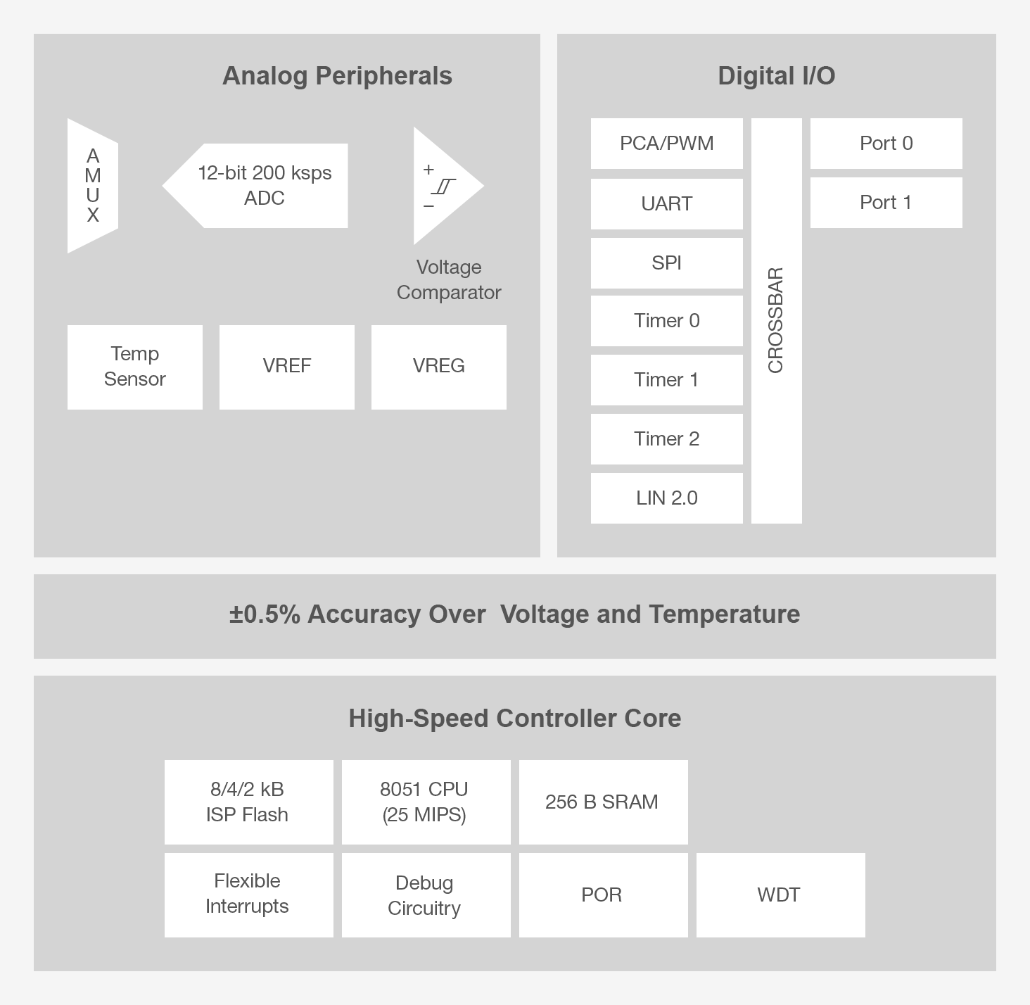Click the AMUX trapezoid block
click(93, 186)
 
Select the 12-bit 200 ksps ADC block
click(264, 186)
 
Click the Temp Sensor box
click(135, 367)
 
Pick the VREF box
click(287, 367)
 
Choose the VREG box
click(439, 367)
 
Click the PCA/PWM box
click(666, 144)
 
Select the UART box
click(666, 204)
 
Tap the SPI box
click(666, 263)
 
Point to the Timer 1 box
click(666, 380)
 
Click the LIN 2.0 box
click(666, 498)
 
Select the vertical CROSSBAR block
click(776, 321)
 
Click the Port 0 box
click(886, 144)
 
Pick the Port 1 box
click(886, 203)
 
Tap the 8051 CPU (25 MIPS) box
click(426, 802)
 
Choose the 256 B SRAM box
click(603, 802)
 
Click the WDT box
click(780, 895)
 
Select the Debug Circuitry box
click(426, 895)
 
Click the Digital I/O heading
click(776, 76)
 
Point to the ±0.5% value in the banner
click(265, 614)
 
